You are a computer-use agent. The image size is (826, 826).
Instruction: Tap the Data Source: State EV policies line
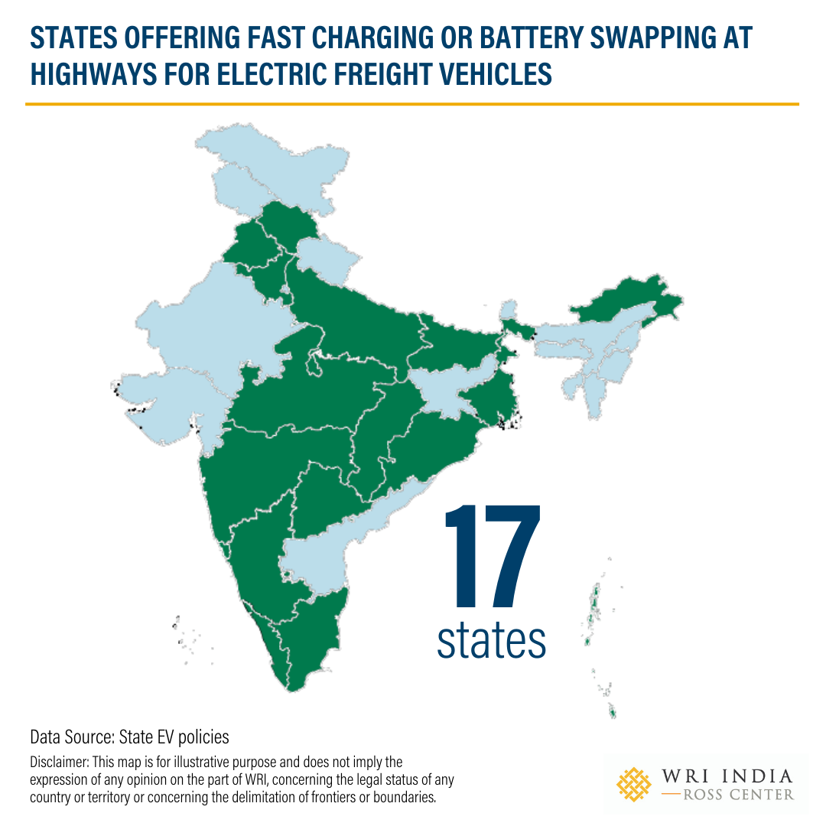pos(129,737)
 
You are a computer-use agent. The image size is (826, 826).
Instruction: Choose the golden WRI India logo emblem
pos(634,784)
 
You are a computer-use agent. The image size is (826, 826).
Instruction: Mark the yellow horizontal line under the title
pos(412,104)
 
